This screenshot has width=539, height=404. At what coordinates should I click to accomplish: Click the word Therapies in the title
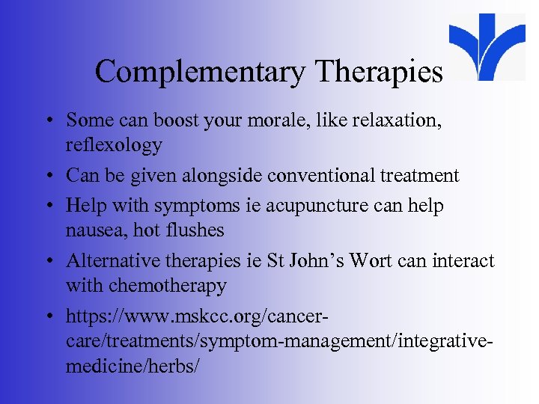[x=380, y=72]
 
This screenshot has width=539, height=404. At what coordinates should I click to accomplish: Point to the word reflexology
[x=113, y=145]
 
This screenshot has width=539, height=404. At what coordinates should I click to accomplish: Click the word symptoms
[x=187, y=206]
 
